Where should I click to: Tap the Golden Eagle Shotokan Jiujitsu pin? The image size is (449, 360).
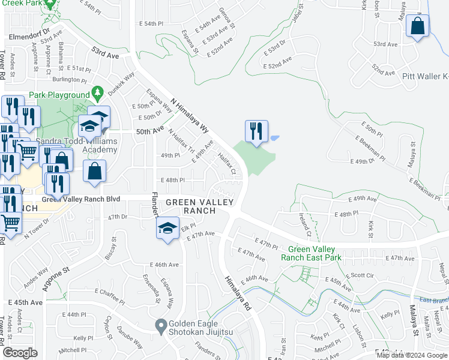(x=160, y=326)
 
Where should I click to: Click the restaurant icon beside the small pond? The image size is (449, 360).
(x=256, y=131)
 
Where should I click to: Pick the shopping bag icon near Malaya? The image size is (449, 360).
(x=417, y=26)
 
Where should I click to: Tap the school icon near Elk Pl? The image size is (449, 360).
(x=168, y=227)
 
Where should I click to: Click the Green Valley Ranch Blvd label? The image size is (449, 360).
(x=80, y=199)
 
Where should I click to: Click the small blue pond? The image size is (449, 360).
(x=274, y=138)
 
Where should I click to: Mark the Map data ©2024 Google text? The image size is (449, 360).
(x=412, y=355)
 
